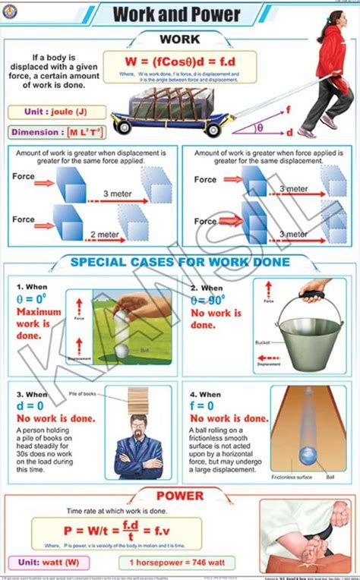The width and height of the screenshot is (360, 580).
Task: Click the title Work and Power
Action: pos(176,14)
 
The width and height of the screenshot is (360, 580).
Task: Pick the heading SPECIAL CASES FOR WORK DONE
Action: pos(181,263)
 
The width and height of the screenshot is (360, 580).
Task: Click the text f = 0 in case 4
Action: pos(210,406)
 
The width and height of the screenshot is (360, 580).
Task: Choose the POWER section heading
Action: pos(180,496)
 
